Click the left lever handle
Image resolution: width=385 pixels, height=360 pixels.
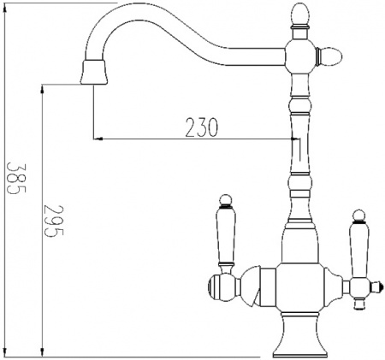pos(227,236)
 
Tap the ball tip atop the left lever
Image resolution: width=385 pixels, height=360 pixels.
pos(225,199)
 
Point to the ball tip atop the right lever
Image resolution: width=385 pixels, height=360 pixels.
pos(358,211)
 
